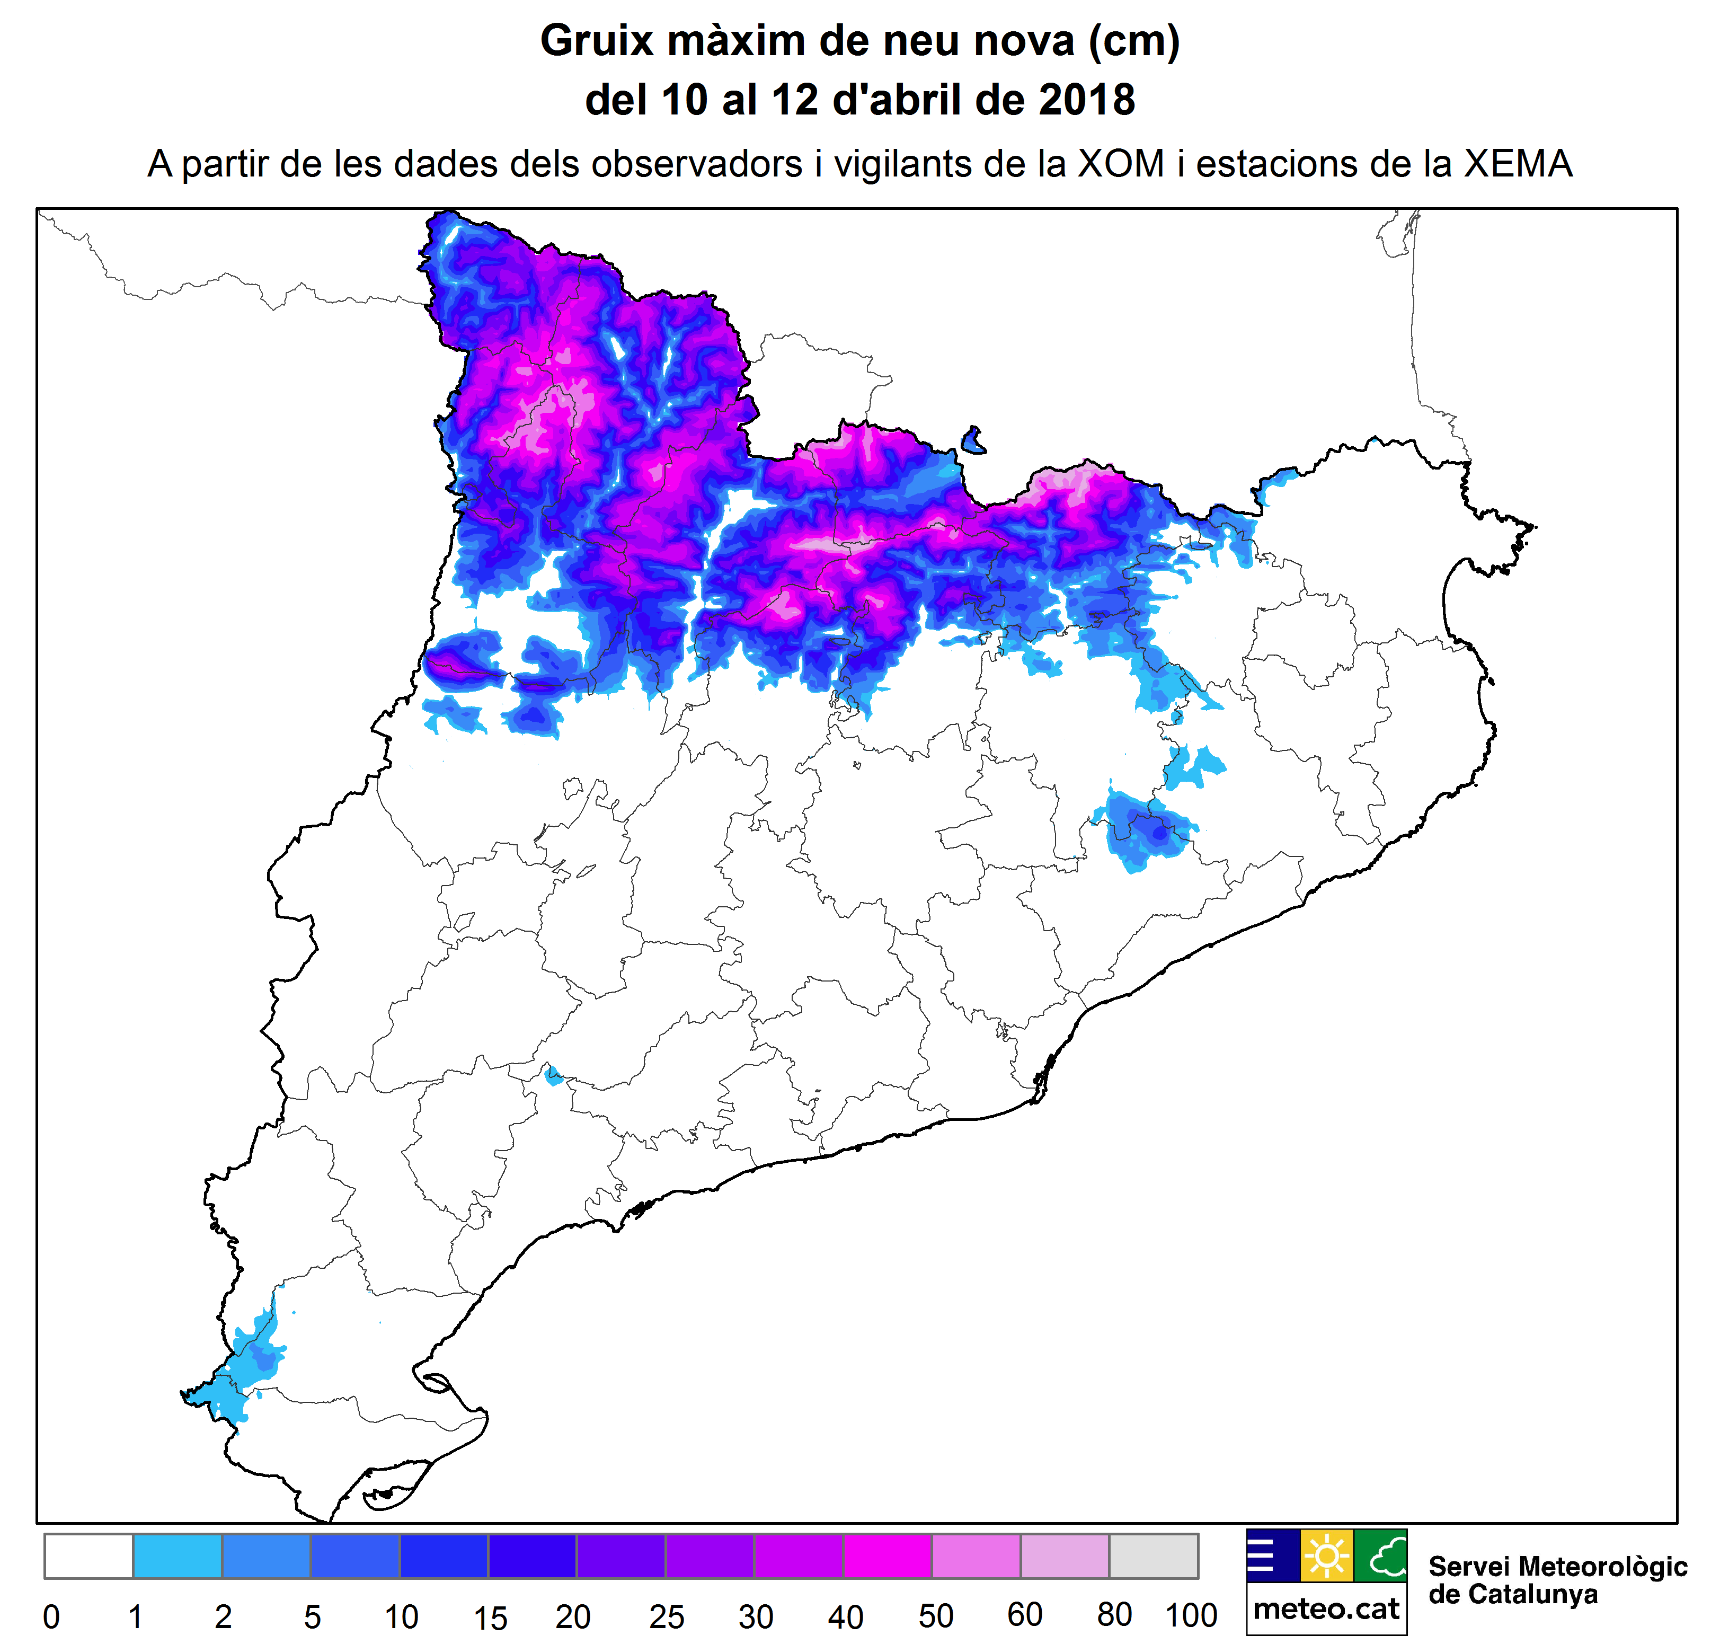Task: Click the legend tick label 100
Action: [1190, 1615]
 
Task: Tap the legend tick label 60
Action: [1024, 1615]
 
